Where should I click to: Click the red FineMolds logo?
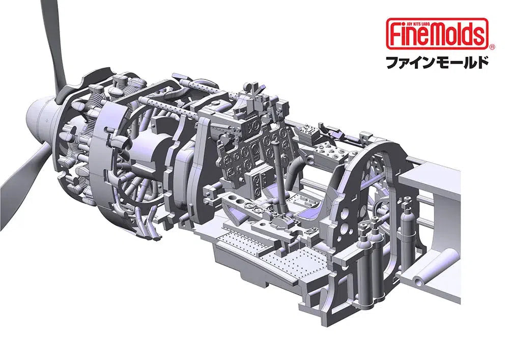[x=437, y=34]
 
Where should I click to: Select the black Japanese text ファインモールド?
[x=437, y=63]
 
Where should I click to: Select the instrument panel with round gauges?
[x=249, y=153]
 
